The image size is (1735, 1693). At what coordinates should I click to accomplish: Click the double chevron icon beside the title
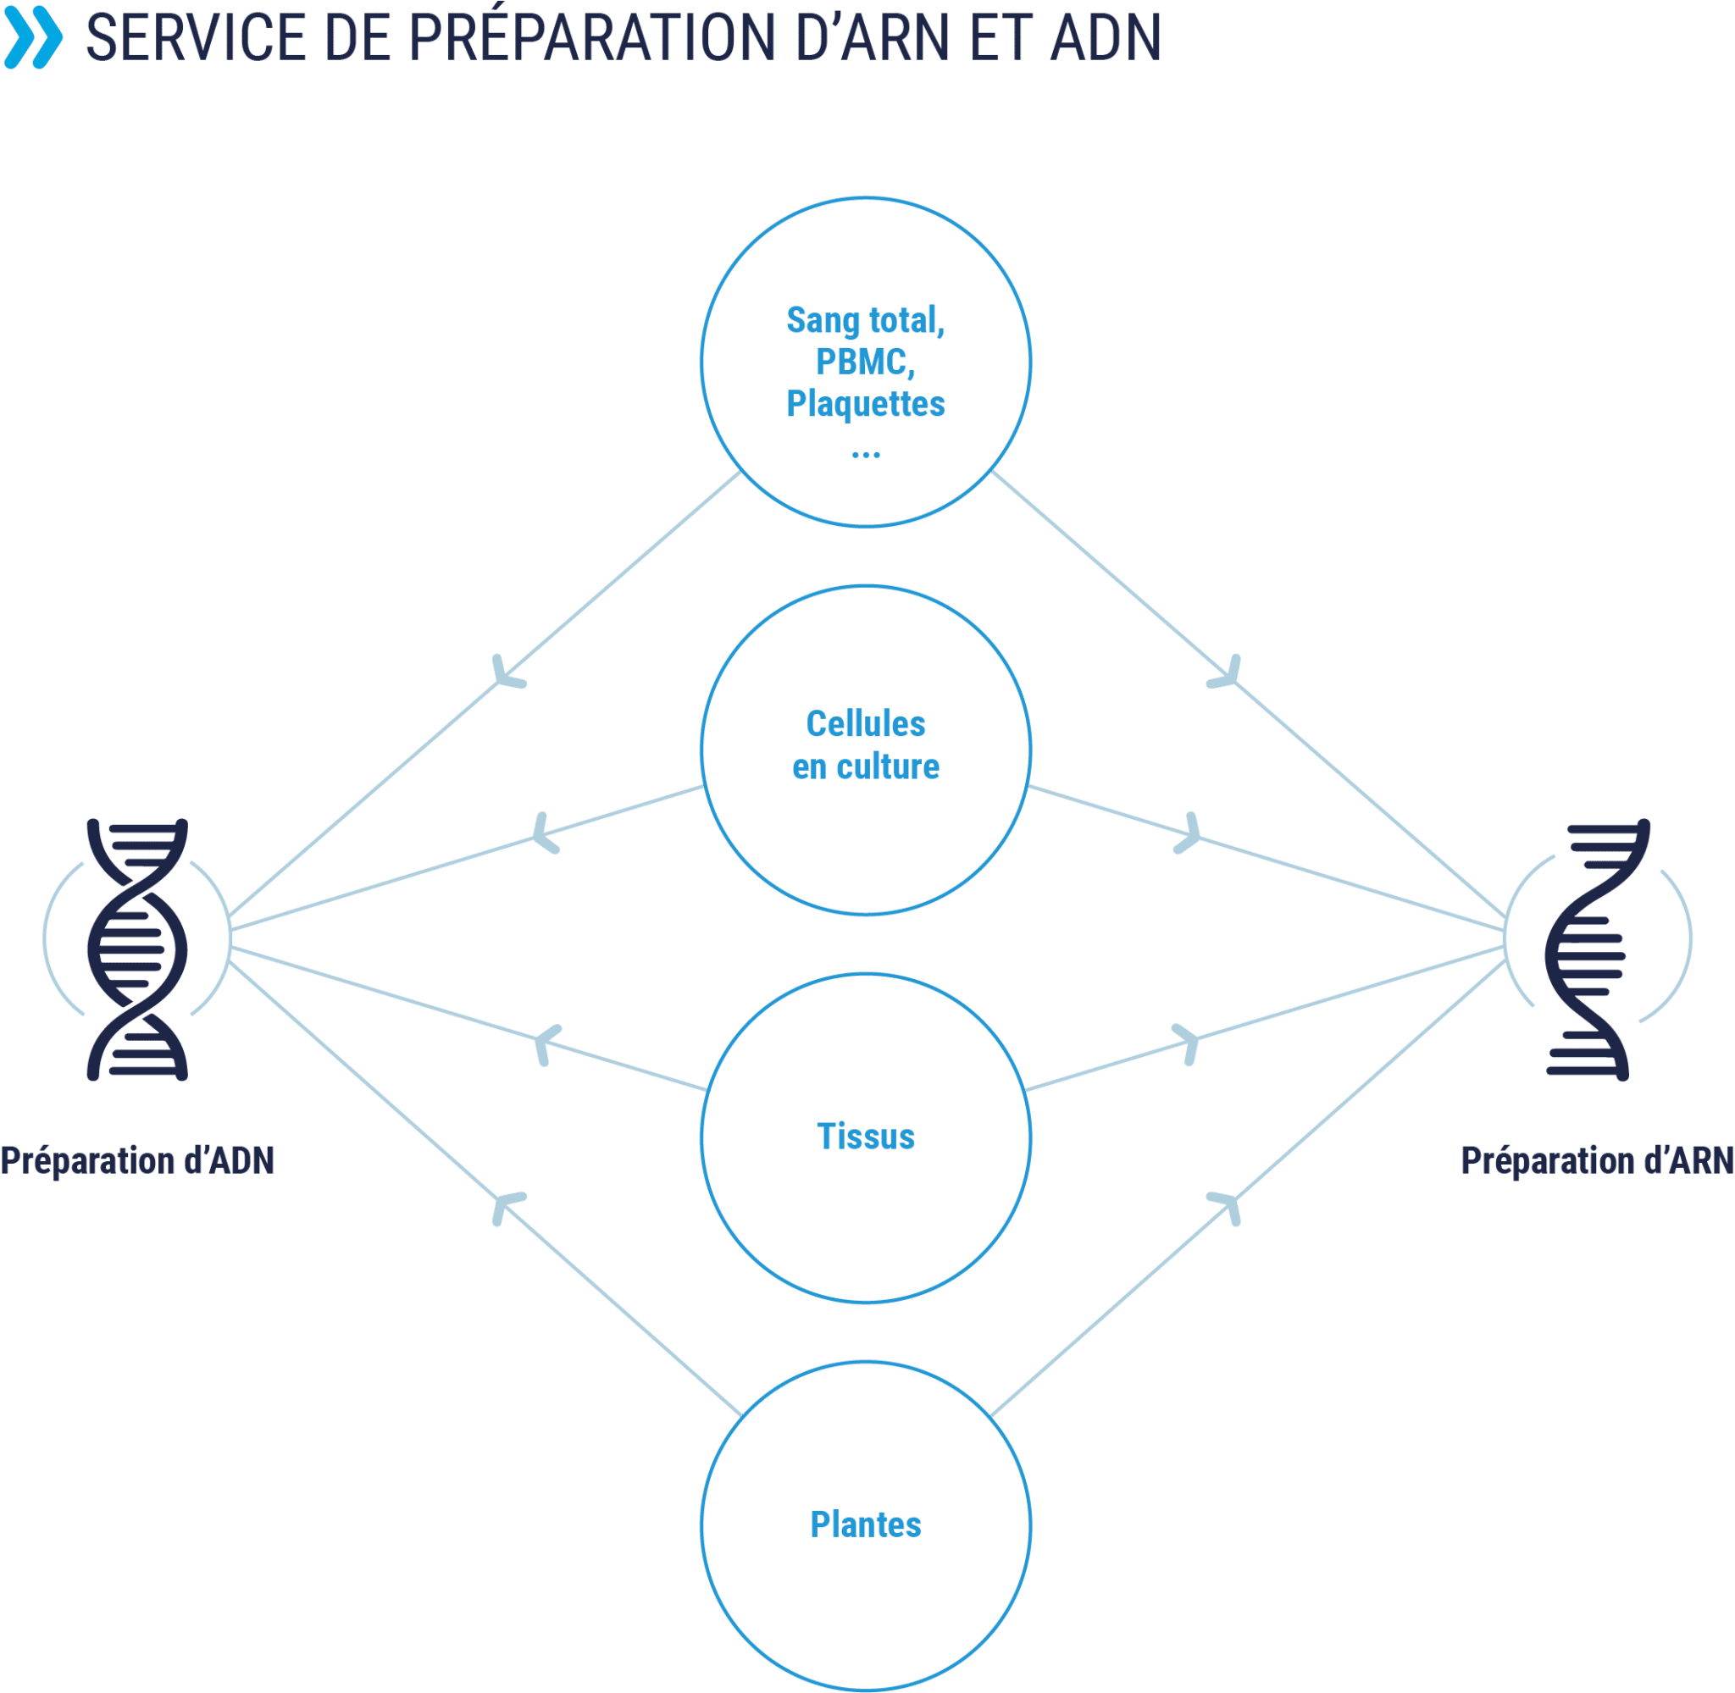tap(34, 37)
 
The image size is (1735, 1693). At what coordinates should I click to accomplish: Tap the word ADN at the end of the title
tap(1106, 38)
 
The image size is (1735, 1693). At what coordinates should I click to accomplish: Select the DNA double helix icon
tap(138, 949)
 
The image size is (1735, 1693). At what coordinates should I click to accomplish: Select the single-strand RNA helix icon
tap(1597, 949)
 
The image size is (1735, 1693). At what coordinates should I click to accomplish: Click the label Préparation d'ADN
tap(137, 1160)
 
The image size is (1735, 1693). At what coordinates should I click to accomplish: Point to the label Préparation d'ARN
tap(1597, 1160)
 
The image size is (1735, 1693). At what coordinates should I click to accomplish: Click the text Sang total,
tap(865, 320)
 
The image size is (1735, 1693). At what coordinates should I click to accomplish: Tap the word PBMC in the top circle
tap(861, 361)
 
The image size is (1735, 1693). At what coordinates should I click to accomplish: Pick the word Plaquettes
tap(865, 404)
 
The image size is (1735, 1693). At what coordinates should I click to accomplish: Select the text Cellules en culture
tap(865, 744)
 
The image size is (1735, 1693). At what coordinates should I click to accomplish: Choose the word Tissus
tap(865, 1136)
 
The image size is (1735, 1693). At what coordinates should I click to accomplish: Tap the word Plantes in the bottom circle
tap(865, 1524)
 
